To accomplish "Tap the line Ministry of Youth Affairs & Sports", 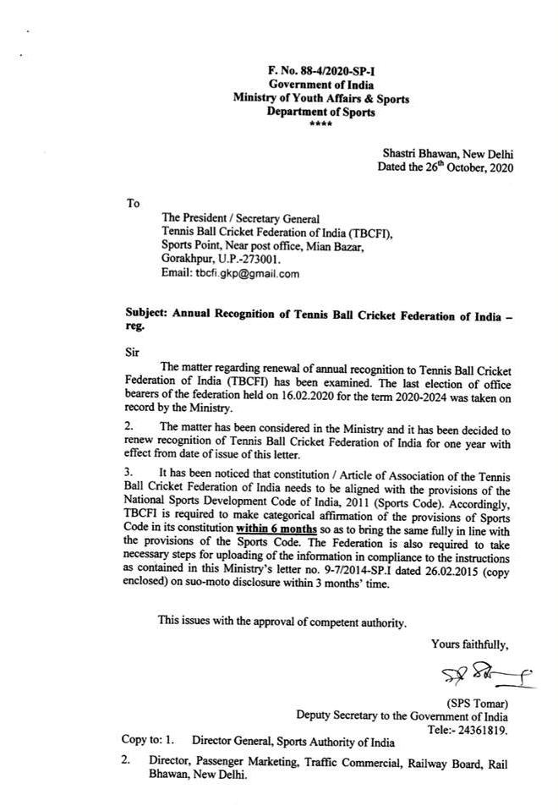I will (x=321, y=99).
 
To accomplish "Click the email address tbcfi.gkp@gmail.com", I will (x=229, y=273).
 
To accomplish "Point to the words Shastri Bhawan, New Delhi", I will (x=447, y=153).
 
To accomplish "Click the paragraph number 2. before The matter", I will (x=128, y=428).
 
